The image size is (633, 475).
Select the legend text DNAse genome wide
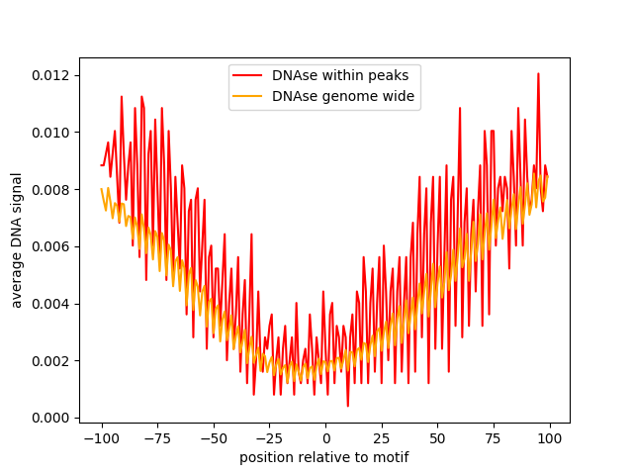click(x=342, y=96)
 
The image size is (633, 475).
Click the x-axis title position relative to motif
click(x=324, y=457)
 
